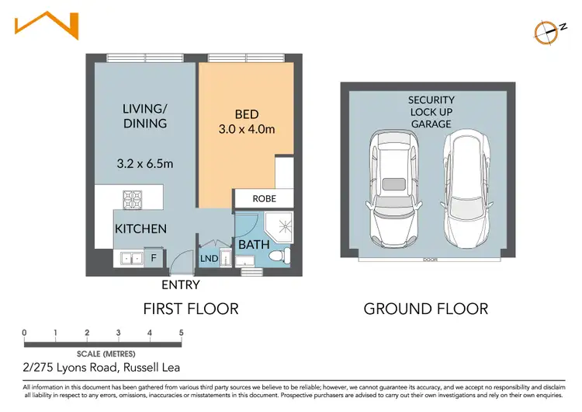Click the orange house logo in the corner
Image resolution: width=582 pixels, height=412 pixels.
pyautogui.click(x=47, y=26)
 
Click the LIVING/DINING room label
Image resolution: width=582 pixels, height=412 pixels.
pyautogui.click(x=145, y=116)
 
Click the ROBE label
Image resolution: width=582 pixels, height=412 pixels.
pyautogui.click(x=264, y=199)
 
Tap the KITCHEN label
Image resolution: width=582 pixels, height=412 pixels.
pyautogui.click(x=140, y=229)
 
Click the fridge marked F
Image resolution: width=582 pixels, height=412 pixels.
pyautogui.click(x=154, y=257)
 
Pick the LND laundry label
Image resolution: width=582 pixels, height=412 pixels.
pyautogui.click(x=209, y=258)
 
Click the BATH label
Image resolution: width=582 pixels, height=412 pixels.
pyautogui.click(x=254, y=244)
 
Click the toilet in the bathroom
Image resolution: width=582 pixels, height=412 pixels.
pyautogui.click(x=282, y=253)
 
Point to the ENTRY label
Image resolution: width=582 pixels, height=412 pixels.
pyautogui.click(x=180, y=285)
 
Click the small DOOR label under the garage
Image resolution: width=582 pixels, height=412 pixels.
pyautogui.click(x=428, y=260)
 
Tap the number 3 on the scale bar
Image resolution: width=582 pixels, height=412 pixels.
pyautogui.click(x=118, y=333)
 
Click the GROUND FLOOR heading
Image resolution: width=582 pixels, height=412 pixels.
pyautogui.click(x=426, y=309)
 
